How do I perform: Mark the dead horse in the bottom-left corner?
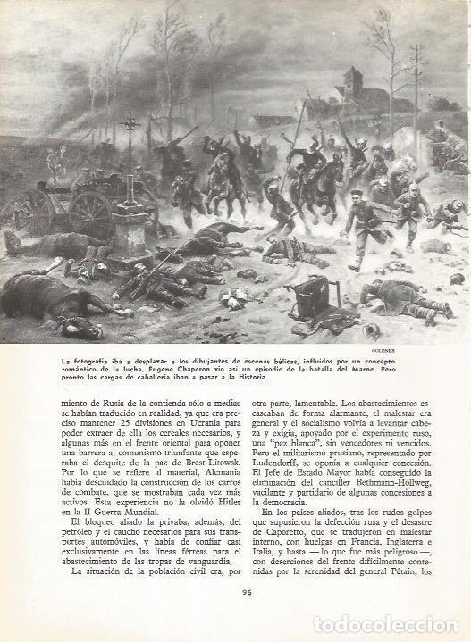45,302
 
